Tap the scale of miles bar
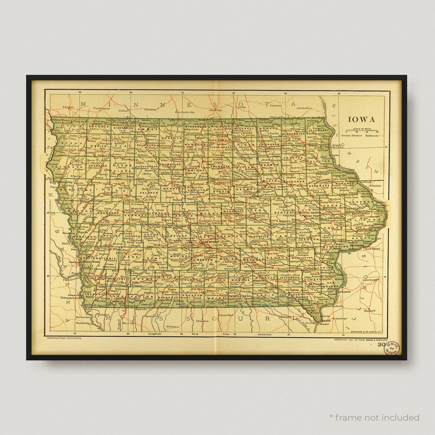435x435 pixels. tap(362, 130)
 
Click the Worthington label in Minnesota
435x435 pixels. tap(101, 108)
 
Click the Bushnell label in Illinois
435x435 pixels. tap(369, 311)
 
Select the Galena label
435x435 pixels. tap(376, 186)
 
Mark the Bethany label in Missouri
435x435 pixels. tap(172, 326)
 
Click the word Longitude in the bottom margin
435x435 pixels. tap(155, 334)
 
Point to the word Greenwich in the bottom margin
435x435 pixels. tap(267, 334)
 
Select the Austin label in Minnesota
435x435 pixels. tap(241, 108)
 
